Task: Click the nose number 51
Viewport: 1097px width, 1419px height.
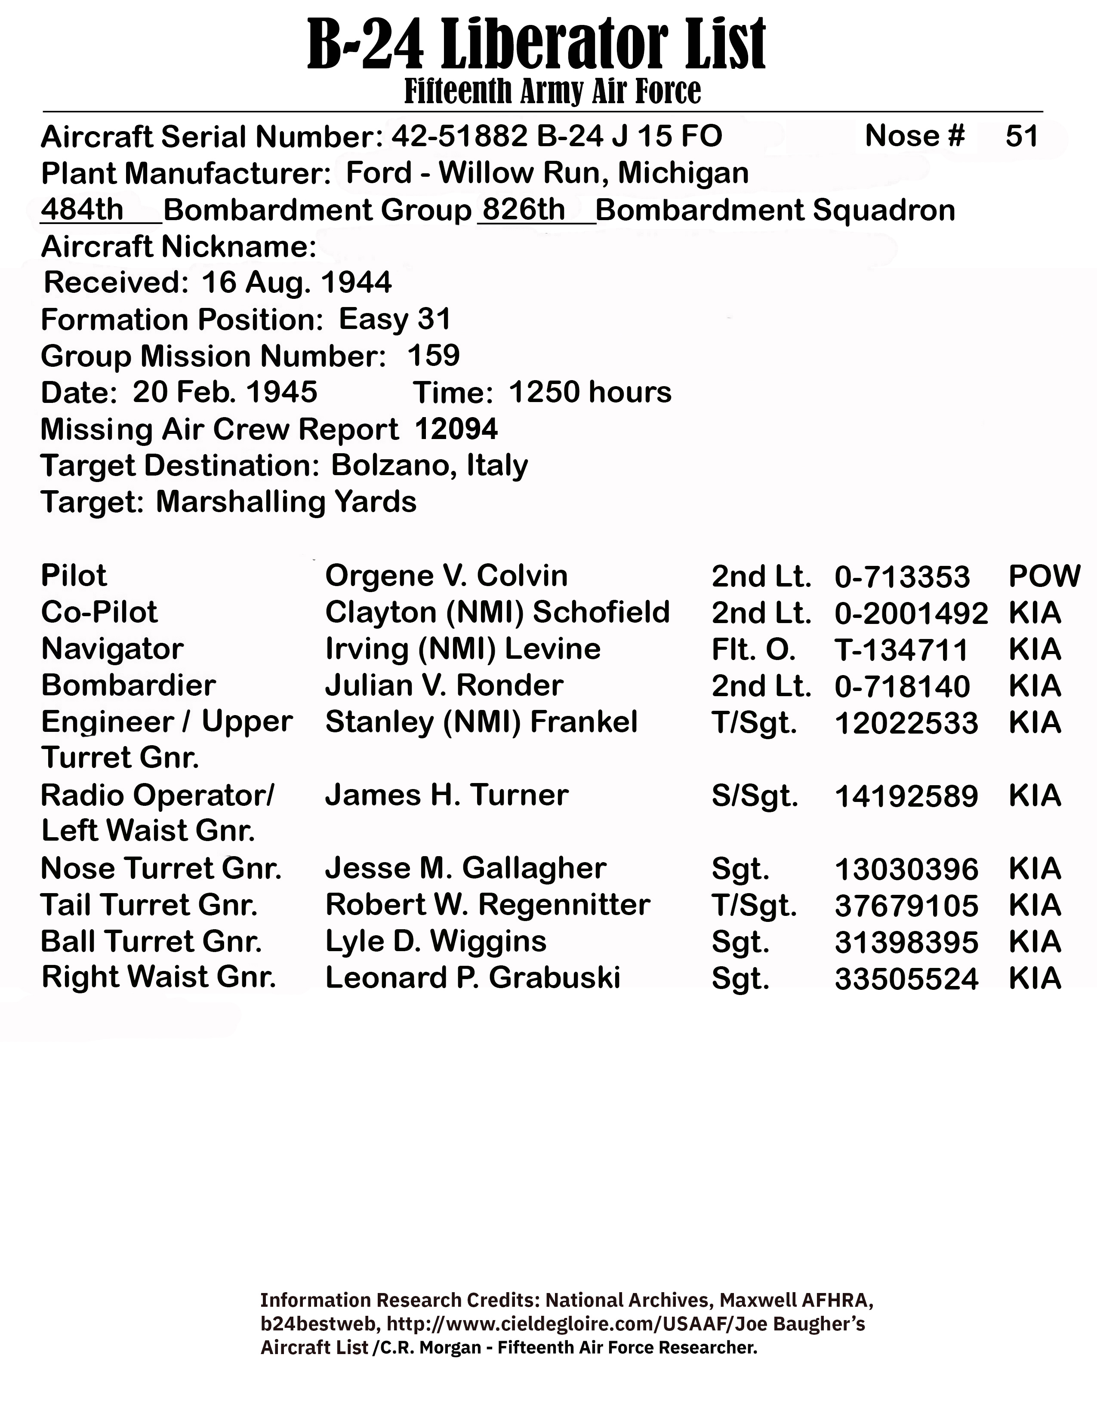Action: [1022, 136]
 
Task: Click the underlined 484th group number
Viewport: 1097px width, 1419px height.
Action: [82, 210]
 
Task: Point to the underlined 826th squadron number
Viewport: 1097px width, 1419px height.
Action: [524, 210]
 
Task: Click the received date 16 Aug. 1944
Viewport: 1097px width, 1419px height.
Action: [296, 283]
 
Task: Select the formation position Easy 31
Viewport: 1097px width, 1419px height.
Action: [394, 319]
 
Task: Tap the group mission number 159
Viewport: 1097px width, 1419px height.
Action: [434, 356]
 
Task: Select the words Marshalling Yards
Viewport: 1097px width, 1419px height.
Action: [286, 502]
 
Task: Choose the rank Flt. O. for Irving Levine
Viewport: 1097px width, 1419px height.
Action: [753, 649]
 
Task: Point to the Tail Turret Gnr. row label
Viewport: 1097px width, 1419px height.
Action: [149, 905]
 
